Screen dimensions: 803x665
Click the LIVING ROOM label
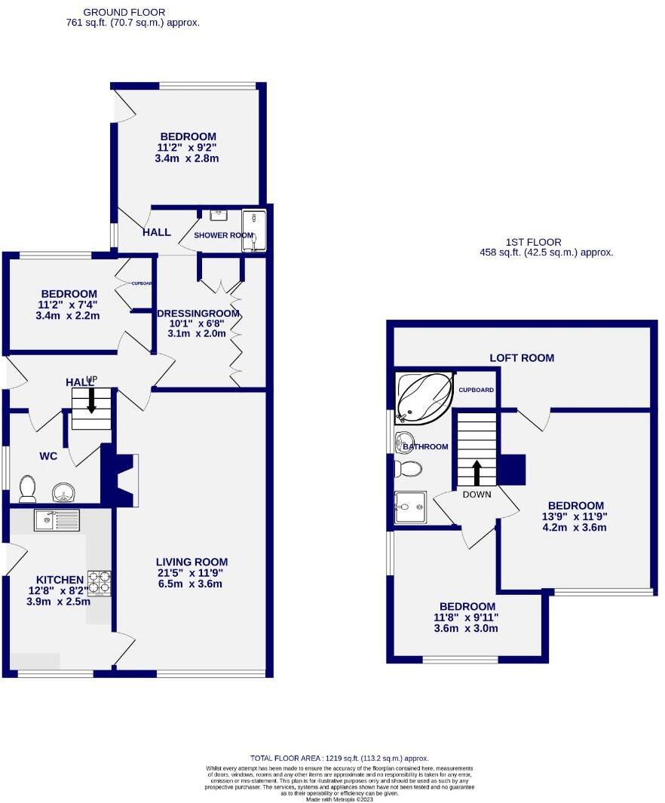coord(192,562)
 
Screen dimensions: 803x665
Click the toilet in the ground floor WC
coord(28,489)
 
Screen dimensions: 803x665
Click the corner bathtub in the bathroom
coord(424,396)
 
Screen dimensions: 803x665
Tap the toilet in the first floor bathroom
coord(409,470)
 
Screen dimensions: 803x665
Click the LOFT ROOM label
coord(522,358)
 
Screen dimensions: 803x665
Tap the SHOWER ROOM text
coord(223,235)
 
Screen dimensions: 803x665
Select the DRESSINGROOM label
coord(198,314)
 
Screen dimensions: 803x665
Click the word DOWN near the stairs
coord(477,495)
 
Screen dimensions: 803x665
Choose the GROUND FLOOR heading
coord(124,12)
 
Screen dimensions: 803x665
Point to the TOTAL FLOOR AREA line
coord(339,758)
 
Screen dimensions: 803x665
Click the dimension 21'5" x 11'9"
coord(192,574)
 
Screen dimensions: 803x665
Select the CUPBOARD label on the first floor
coord(477,390)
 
